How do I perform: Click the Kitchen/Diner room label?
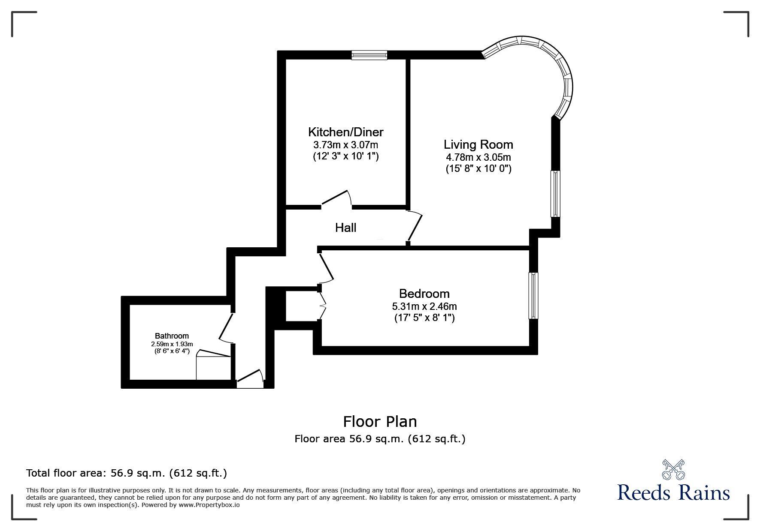click(345, 132)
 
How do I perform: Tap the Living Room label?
click(478, 144)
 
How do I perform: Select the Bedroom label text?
click(424, 294)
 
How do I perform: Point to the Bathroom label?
click(172, 336)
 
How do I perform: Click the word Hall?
click(345, 228)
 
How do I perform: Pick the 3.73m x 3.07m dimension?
click(345, 145)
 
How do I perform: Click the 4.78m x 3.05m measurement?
click(478, 157)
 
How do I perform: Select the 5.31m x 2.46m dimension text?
click(424, 306)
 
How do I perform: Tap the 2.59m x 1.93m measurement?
click(172, 344)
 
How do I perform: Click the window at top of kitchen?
click(369, 55)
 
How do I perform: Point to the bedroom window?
click(533, 296)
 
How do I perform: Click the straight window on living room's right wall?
click(556, 194)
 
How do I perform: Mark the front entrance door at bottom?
click(250, 379)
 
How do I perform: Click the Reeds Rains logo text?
click(673, 493)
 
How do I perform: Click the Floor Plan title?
click(380, 422)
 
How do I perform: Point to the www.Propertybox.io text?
click(209, 505)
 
